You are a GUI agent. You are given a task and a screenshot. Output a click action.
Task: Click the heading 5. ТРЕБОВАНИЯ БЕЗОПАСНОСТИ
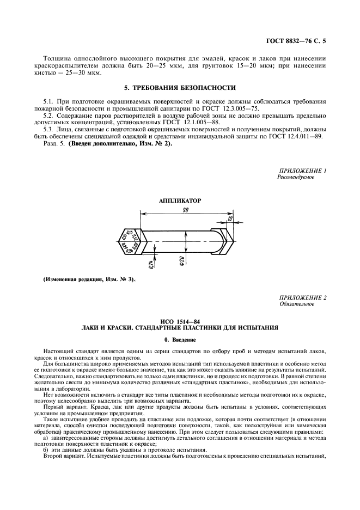click(x=180, y=87)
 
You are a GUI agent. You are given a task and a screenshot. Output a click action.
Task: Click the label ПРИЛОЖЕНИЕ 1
click(x=302, y=171)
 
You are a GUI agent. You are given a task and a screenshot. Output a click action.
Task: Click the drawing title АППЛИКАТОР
click(x=180, y=201)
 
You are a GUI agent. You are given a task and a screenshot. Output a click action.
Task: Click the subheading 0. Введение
click(x=180, y=339)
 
